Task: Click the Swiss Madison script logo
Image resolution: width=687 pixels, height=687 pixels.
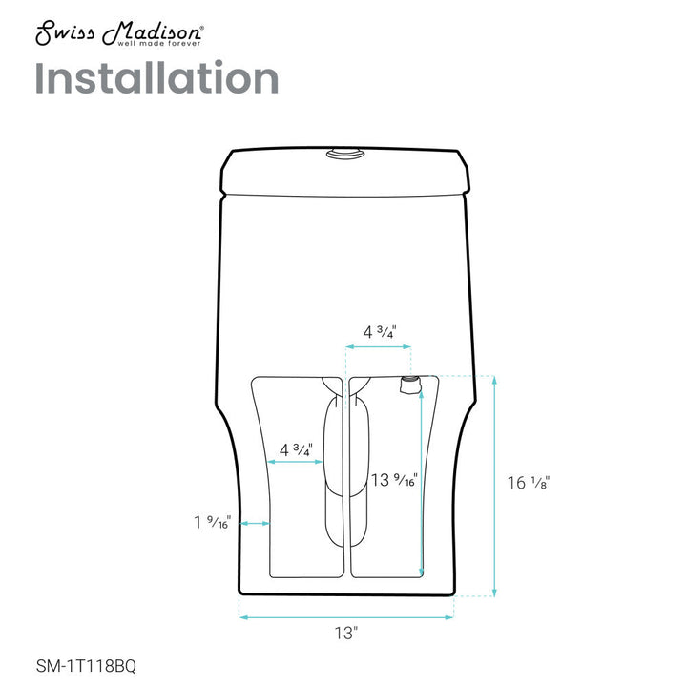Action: point(118,31)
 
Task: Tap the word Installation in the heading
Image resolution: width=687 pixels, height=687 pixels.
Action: point(157,78)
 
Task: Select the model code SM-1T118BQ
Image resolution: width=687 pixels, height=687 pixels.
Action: point(85,666)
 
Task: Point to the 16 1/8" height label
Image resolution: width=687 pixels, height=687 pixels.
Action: point(528,483)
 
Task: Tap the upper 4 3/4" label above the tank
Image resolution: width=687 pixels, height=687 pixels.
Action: point(380,332)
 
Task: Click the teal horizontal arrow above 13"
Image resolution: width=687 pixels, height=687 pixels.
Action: point(346,616)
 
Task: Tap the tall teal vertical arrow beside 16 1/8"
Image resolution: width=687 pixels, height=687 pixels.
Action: point(493,485)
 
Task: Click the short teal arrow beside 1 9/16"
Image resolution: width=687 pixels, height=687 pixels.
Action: point(256,523)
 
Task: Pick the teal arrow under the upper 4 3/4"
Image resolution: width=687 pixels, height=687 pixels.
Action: point(379,349)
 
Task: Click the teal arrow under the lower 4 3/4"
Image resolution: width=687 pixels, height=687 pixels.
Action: point(295,463)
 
